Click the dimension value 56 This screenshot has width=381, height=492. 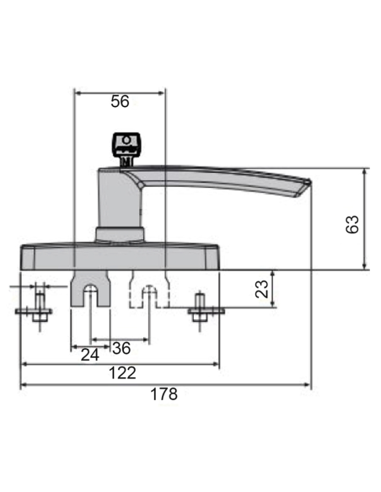121,102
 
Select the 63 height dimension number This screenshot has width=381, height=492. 353,223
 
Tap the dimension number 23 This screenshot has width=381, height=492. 262,290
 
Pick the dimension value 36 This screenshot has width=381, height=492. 121,348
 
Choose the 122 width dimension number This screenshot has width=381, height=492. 123,373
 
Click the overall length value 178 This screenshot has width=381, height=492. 164,394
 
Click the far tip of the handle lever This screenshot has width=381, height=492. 305,185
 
